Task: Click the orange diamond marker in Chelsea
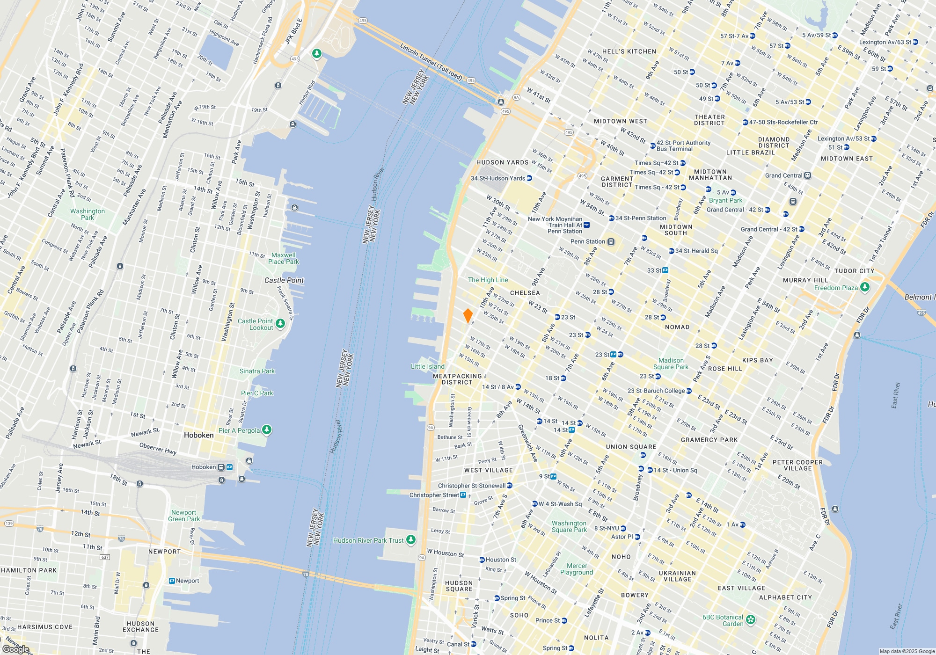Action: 468,316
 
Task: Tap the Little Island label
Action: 427,366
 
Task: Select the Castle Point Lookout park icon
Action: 280,323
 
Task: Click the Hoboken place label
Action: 198,435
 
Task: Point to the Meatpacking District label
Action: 457,379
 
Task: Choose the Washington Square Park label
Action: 569,526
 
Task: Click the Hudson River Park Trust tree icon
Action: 411,540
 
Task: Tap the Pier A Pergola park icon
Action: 266,429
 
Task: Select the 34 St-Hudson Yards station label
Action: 497,178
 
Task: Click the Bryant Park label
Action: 725,200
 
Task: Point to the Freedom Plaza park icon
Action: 865,287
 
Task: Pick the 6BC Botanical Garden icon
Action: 751,620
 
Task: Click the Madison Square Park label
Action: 671,364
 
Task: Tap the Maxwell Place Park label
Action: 283,258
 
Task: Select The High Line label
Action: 488,280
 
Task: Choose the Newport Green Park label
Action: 184,516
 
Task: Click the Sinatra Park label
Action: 257,371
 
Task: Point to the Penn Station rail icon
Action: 611,241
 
